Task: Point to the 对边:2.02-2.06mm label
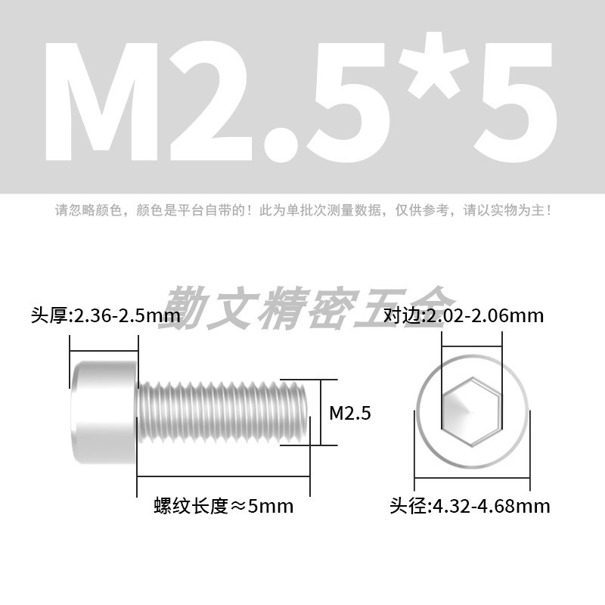[464, 315]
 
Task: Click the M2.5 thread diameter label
[350, 413]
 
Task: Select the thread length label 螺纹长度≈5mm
[223, 506]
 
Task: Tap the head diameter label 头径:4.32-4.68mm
[470, 506]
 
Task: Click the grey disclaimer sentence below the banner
[302, 209]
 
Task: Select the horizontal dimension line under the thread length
[224, 476]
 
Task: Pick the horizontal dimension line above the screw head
[104, 350]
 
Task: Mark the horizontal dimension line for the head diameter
[472, 477]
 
